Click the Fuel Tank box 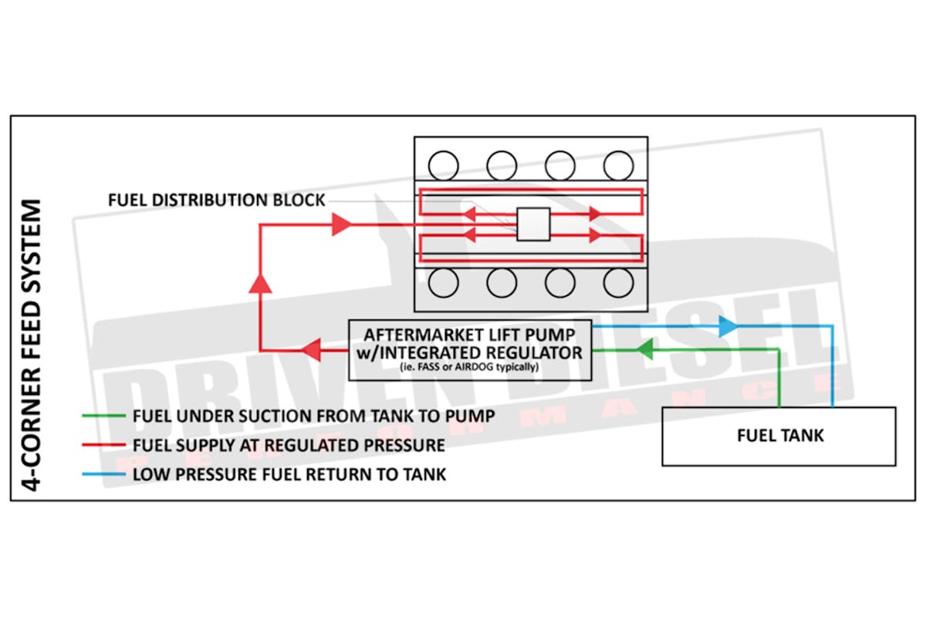pyautogui.click(x=779, y=436)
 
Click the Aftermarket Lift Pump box pyautogui.click(x=471, y=349)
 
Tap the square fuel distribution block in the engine pyautogui.click(x=533, y=224)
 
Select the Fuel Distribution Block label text pyautogui.click(x=217, y=201)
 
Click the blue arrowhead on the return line pyautogui.click(x=726, y=326)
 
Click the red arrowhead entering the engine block pyautogui.click(x=341, y=224)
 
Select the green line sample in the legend pyautogui.click(x=103, y=416)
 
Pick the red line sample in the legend pyautogui.click(x=103, y=445)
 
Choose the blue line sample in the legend pyautogui.click(x=103, y=474)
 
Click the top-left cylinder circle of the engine pyautogui.click(x=443, y=164)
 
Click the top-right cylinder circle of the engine pyautogui.click(x=619, y=164)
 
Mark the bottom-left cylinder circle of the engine pyautogui.click(x=443, y=283)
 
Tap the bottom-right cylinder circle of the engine pyautogui.click(x=619, y=283)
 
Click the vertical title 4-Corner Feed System pyautogui.click(x=32, y=345)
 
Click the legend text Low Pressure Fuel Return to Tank pyautogui.click(x=289, y=474)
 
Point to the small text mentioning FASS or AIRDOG pyautogui.click(x=471, y=368)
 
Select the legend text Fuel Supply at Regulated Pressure pyautogui.click(x=289, y=445)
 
